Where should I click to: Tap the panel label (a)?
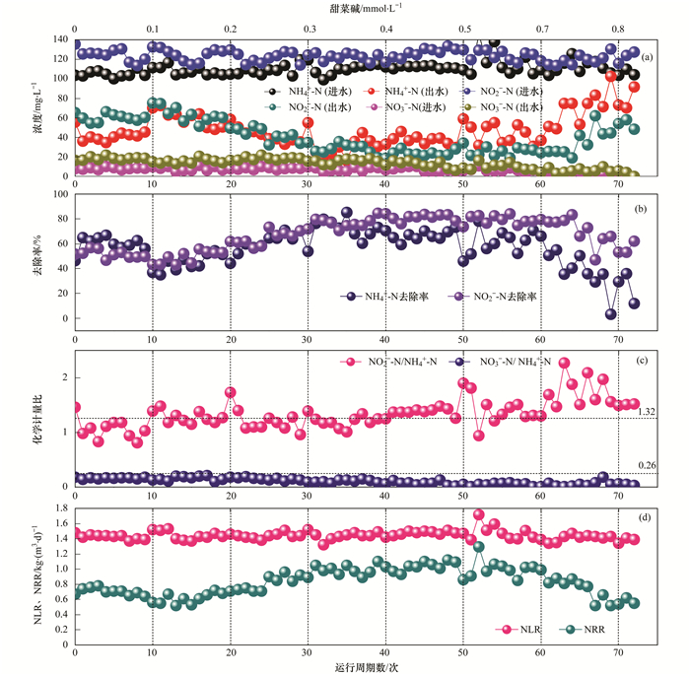(x=648, y=57)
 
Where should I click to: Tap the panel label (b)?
(x=648, y=209)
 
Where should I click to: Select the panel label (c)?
(x=648, y=362)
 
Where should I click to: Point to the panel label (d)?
(x=648, y=514)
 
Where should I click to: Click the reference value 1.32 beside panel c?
(x=648, y=411)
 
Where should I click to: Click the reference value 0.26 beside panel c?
(x=648, y=465)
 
